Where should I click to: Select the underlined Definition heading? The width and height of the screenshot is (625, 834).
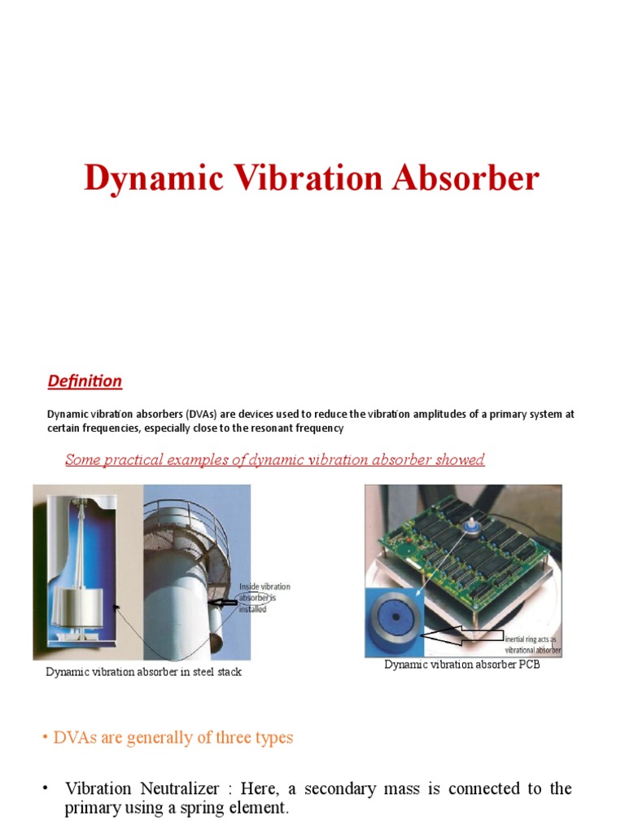click(x=85, y=380)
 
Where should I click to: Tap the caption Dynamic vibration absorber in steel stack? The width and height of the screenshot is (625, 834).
click(x=143, y=672)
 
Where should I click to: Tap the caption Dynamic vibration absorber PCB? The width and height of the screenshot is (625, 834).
click(x=461, y=665)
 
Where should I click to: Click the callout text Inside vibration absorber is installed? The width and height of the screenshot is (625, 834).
click(x=264, y=598)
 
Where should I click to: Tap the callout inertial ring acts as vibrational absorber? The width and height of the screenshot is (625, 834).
click(x=533, y=645)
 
